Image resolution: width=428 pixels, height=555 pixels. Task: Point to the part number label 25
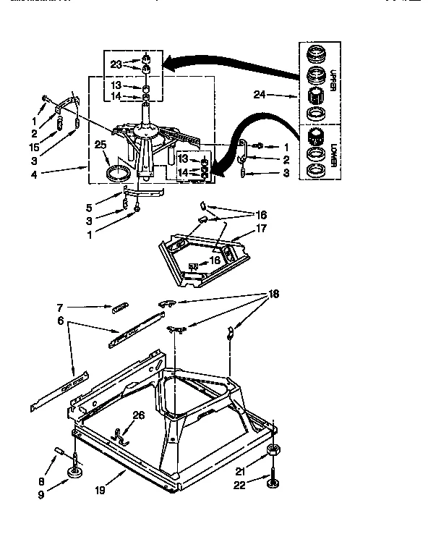(x=100, y=145)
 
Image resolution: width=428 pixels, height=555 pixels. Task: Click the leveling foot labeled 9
(x=74, y=473)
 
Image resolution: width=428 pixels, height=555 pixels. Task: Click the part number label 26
(x=138, y=415)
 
